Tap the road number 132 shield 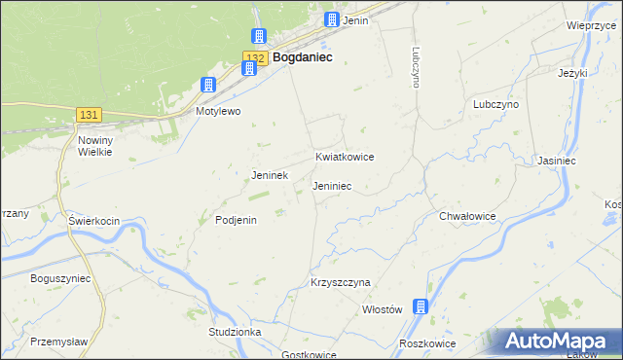[253, 58]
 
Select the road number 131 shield [89, 115]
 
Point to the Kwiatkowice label [345, 157]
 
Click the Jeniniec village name [332, 185]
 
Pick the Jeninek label [270, 176]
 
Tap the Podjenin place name [236, 220]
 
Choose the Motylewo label [218, 112]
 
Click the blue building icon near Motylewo [207, 86]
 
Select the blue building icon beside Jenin [333, 19]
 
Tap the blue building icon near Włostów [421, 307]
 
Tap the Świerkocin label [93, 221]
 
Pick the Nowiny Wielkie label [96, 146]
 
